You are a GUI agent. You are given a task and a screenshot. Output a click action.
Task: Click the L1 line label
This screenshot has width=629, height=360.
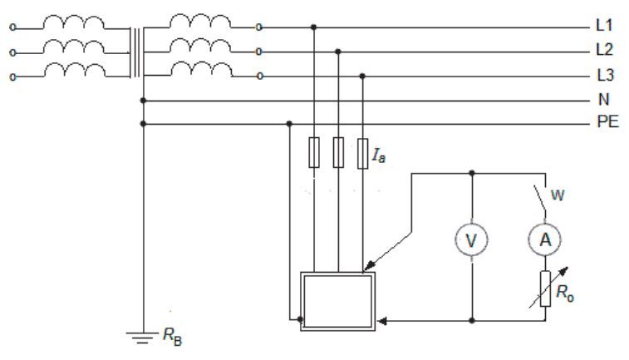point(604,25)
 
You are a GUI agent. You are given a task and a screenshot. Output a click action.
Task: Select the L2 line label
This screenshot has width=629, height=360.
point(605,50)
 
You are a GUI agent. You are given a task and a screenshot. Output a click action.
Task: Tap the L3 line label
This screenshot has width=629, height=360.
point(605,75)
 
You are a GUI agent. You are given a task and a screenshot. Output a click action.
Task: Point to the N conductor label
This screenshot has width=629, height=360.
point(604,99)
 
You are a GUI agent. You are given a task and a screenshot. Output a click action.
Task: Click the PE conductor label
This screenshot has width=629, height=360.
point(607,121)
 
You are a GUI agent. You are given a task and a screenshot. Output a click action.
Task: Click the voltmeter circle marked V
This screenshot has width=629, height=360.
point(472,240)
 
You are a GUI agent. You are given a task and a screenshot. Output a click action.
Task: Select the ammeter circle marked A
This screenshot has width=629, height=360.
point(545,239)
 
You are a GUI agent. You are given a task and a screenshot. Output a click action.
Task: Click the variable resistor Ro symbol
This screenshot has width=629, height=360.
point(546,288)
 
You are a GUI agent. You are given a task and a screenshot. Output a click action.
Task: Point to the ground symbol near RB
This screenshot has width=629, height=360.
point(143,338)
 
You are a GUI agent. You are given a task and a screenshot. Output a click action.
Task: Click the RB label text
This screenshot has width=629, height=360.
point(173,337)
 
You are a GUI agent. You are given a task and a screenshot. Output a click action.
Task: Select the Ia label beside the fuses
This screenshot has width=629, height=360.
point(379,155)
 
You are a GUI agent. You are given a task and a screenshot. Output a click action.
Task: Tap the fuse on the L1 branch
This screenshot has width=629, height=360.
point(314,152)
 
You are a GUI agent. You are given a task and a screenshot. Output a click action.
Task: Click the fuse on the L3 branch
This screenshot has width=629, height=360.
point(362,153)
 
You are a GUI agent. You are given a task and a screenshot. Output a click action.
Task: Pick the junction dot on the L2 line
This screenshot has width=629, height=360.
point(338,52)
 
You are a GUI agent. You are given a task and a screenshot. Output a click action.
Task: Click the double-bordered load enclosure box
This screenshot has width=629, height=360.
point(301,301)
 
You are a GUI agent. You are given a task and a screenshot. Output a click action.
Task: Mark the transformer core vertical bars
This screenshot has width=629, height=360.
point(137,52)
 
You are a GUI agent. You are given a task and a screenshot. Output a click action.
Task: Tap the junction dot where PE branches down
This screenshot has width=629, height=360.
point(289,124)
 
